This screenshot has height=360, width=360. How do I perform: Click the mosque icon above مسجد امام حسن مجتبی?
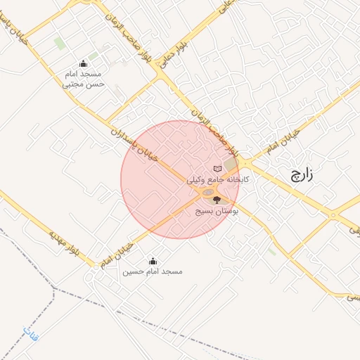coord(84,63)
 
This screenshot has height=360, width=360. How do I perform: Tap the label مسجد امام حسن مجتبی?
coord(84,78)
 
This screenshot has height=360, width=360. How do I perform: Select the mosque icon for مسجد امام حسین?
coord(154,262)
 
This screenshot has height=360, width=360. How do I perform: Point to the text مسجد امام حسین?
coord(153,271)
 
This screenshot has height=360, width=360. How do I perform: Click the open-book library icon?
coord(217,169)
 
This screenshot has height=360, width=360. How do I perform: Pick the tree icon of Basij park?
coord(216,200)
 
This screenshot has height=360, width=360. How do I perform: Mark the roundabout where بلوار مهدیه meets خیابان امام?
coord(94,264)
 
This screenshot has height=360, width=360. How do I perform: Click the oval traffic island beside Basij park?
coord(209,192)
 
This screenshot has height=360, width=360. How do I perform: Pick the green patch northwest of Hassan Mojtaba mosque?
coord(60,44)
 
